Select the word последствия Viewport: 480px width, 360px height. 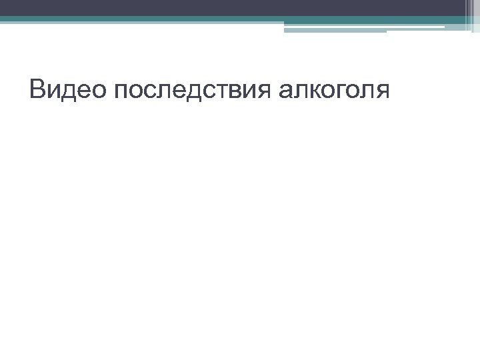pyautogui.click(x=191, y=89)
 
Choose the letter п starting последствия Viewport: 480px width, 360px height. pyautogui.click(x=121, y=91)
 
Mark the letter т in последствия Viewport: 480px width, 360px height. pyautogui.click(x=215, y=91)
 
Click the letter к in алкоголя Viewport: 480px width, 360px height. pyautogui.click(x=313, y=91)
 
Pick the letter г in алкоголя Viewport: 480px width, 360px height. pyautogui.click(x=339, y=91)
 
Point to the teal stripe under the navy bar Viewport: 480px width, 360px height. pyautogui.click(x=200, y=20)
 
